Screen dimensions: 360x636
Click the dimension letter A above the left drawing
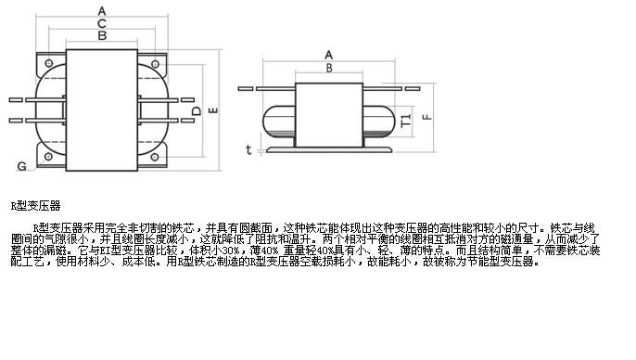[x=100, y=10]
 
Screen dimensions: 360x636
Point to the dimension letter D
[x=196, y=111]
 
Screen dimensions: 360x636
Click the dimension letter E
[x=213, y=110]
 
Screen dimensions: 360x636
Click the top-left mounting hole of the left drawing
[x=48, y=58]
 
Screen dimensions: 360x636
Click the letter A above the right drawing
[x=328, y=54]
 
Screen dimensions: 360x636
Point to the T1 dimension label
[x=405, y=121]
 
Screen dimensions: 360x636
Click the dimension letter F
[x=426, y=117]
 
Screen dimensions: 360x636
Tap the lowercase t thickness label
[x=248, y=148]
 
